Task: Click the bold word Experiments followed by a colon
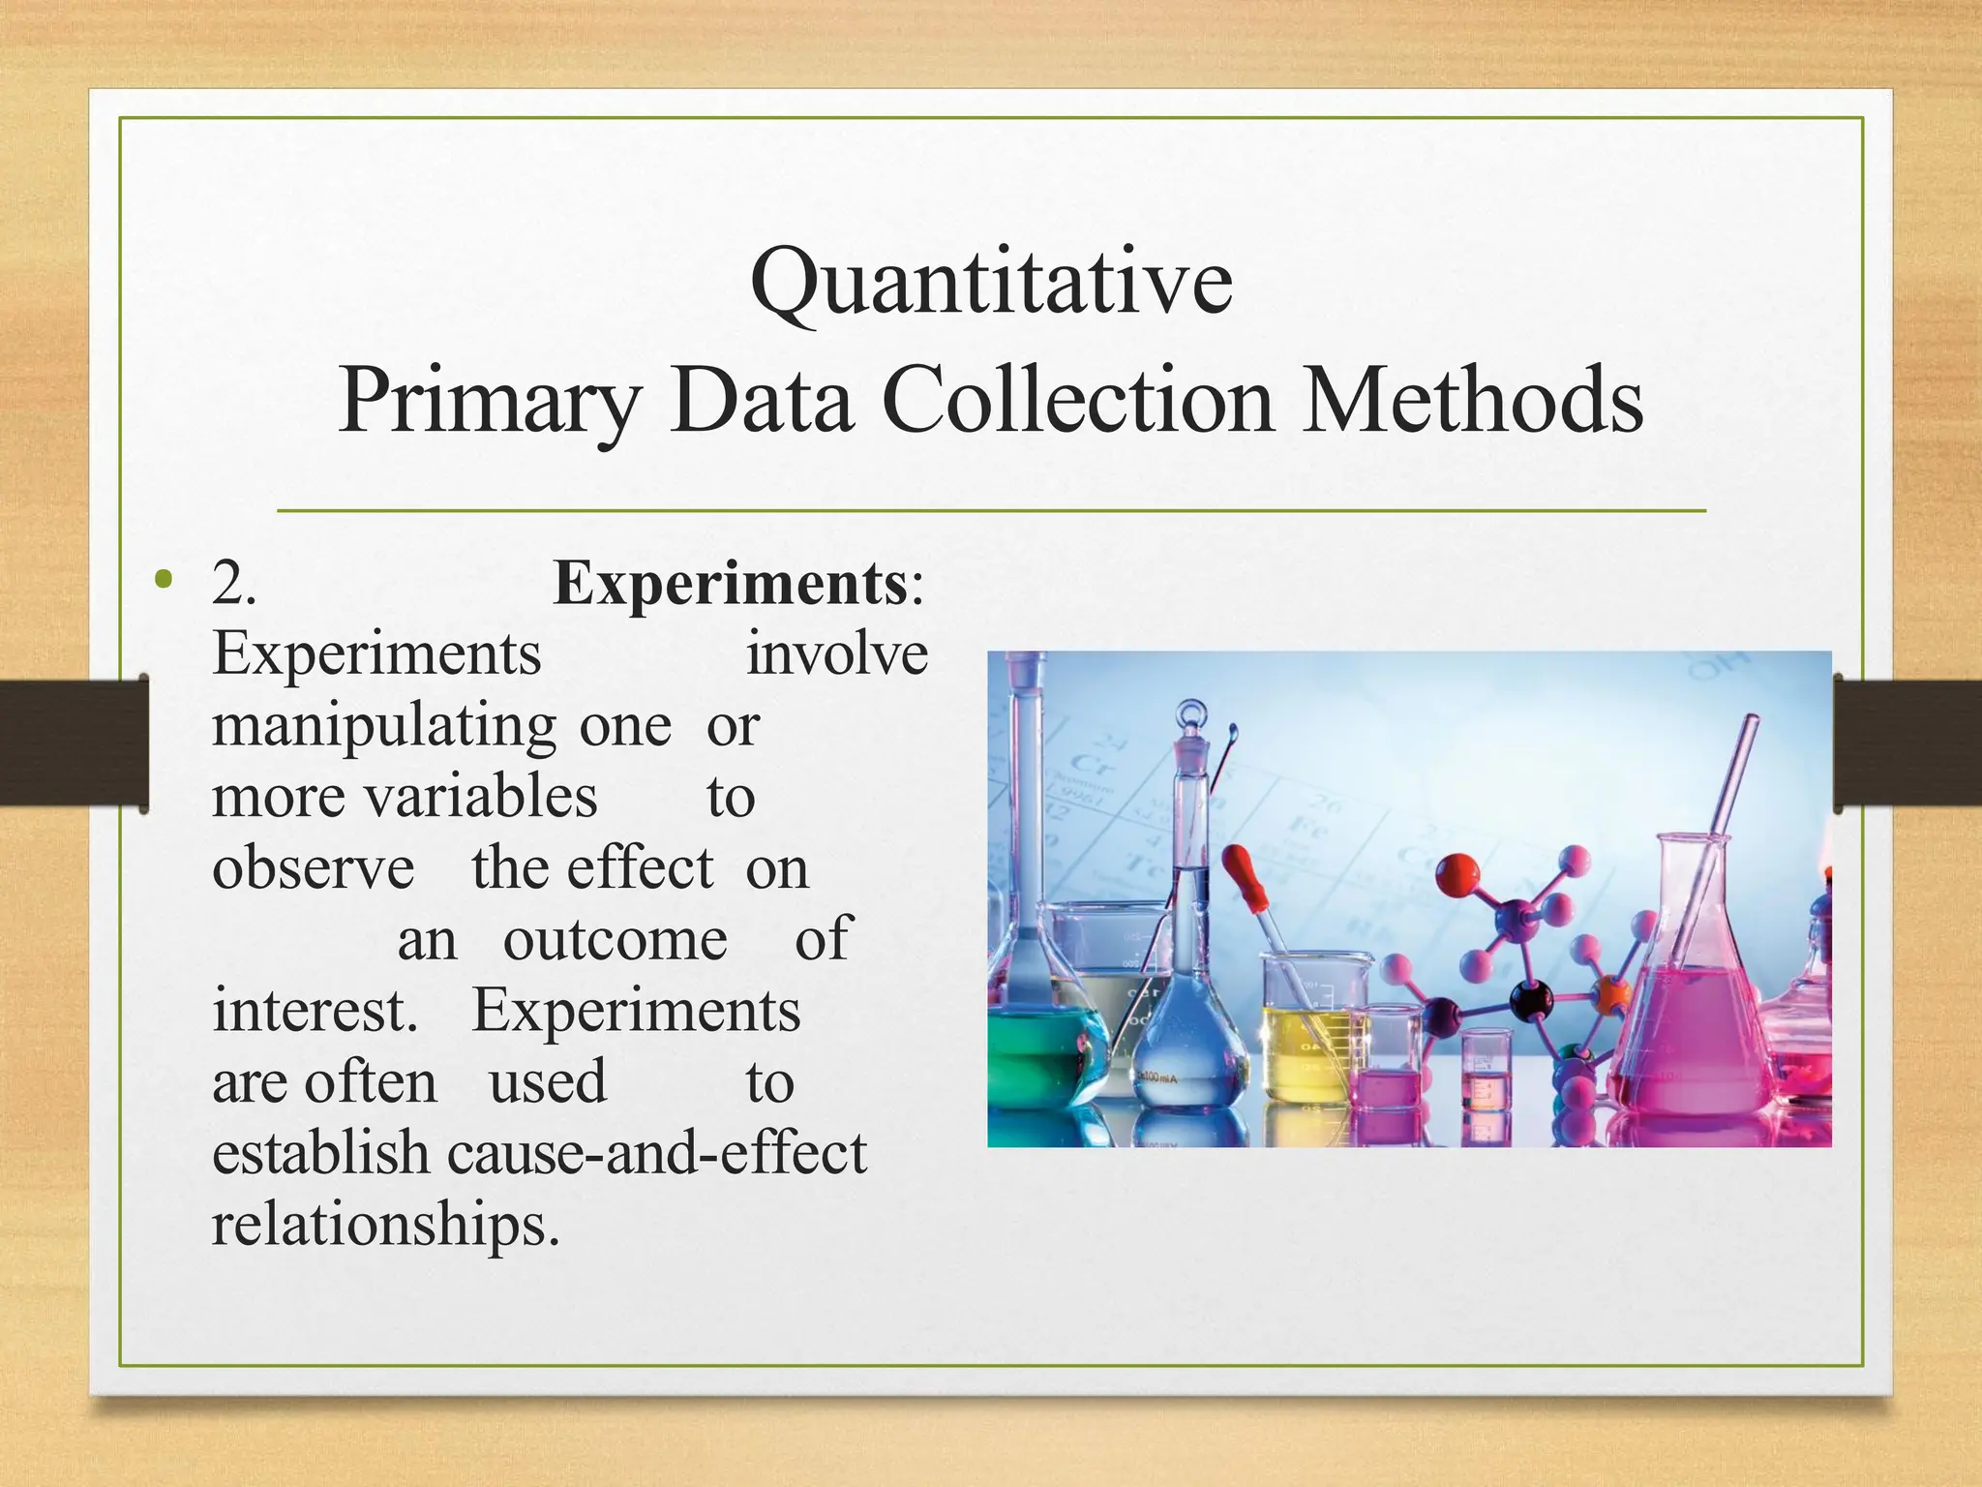click(730, 584)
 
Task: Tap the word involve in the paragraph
click(836, 654)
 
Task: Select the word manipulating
click(384, 726)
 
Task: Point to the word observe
click(313, 868)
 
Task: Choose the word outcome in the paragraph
click(615, 939)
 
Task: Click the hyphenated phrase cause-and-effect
click(657, 1153)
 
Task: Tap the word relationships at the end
click(384, 1225)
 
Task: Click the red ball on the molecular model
click(1457, 874)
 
